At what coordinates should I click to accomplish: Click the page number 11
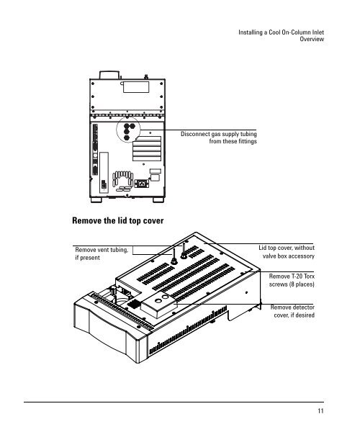(x=320, y=411)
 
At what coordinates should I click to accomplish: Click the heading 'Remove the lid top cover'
(x=118, y=221)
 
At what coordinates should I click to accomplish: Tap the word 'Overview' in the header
(x=312, y=39)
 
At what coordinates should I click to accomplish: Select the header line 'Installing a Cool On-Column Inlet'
(x=282, y=32)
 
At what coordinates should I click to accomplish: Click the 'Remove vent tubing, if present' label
(x=102, y=253)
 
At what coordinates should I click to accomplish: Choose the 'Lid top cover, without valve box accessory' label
(x=287, y=252)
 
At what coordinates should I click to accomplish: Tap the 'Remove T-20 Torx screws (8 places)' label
(x=292, y=280)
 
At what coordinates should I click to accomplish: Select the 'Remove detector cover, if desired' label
(x=292, y=311)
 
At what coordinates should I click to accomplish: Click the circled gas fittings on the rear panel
(x=128, y=130)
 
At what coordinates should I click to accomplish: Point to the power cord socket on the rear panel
(x=142, y=184)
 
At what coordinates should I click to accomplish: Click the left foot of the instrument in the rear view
(x=96, y=200)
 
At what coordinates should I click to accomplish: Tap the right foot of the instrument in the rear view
(x=158, y=200)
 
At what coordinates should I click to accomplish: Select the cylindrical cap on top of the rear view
(x=109, y=75)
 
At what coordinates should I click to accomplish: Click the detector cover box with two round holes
(x=159, y=305)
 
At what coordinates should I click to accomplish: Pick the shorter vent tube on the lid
(x=174, y=256)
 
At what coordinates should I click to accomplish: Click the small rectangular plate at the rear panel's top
(x=136, y=87)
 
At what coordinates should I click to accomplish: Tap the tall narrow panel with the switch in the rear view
(x=104, y=173)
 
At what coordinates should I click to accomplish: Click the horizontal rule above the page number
(x=174, y=402)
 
